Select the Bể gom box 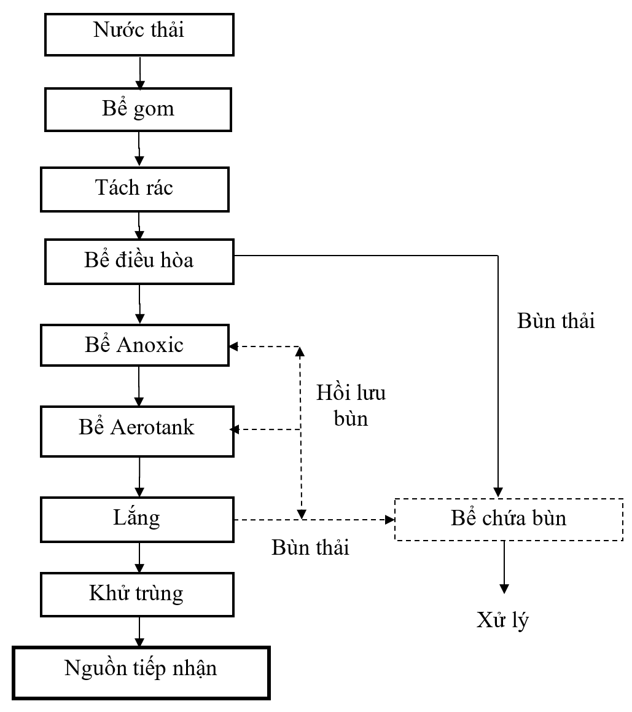139,109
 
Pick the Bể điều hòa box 139,260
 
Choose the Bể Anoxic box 135,345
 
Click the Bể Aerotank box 137,429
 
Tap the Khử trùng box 137,594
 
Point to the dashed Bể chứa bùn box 508,519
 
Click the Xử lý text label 502,620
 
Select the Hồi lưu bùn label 351,405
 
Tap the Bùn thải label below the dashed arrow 310,547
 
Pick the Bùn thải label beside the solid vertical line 556,321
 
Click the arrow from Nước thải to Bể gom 141,73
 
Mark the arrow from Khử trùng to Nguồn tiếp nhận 140,629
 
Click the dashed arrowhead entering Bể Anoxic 234,347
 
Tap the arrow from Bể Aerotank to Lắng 140,477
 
